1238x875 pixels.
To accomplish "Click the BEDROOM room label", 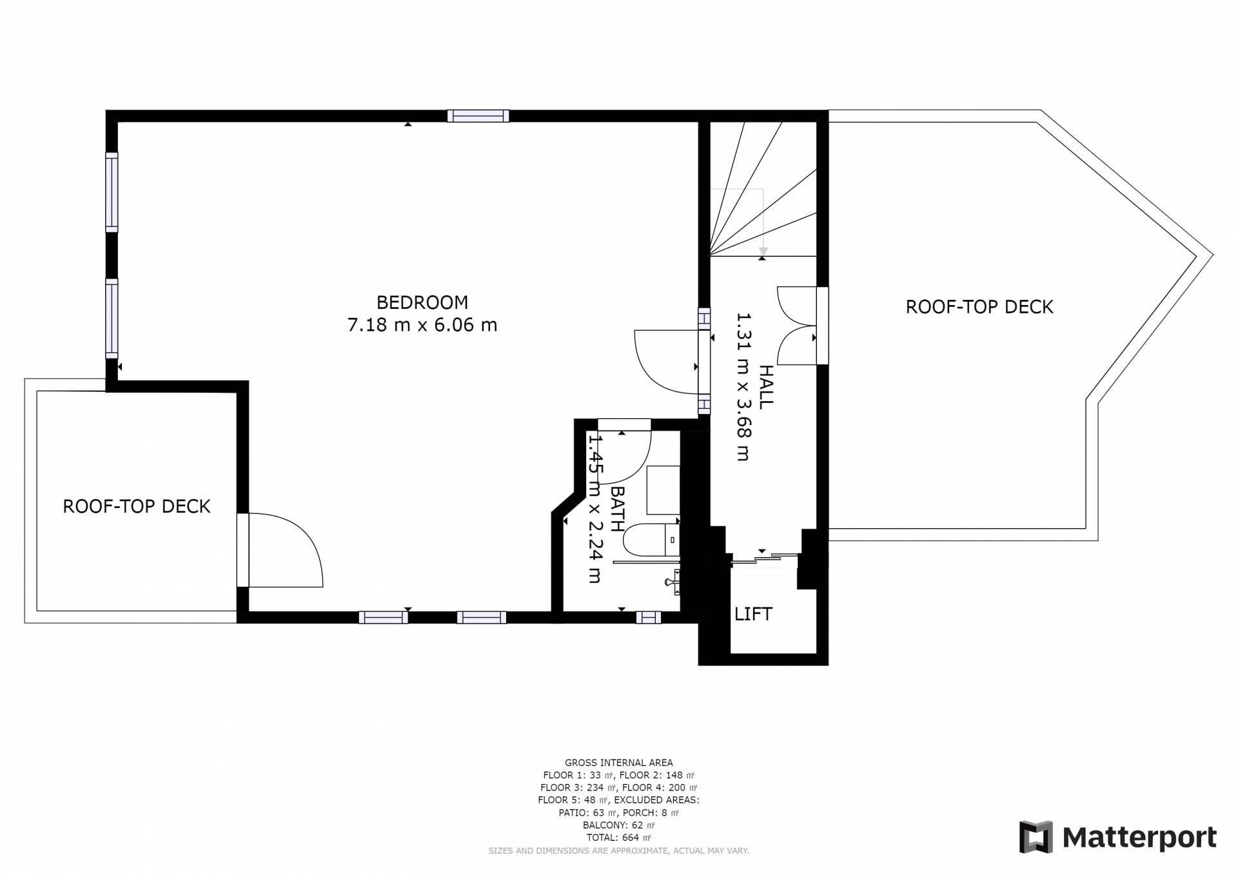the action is tap(422, 302).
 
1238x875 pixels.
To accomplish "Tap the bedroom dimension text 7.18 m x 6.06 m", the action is tap(422, 325).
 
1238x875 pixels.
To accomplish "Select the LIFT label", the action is tap(753, 614).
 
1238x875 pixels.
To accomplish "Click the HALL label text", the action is tap(765, 387).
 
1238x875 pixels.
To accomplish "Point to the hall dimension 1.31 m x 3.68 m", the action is tap(743, 387).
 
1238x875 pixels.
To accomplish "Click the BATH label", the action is tap(617, 509).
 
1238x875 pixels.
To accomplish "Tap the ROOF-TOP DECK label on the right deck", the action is tap(979, 307).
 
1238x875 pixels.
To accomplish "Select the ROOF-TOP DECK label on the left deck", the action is tap(137, 506).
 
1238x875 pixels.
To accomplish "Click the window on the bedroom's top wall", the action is tap(478, 116).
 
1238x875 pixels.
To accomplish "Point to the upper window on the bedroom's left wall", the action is tap(112, 192).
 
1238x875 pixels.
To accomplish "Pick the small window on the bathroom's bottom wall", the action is tap(649, 618).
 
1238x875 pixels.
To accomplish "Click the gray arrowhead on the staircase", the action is tap(763, 251).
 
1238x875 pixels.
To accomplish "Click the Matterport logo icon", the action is tap(1036, 837).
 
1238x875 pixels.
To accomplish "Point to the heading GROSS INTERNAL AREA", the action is tap(618, 763).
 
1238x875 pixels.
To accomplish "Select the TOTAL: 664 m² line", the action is tap(618, 838).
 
